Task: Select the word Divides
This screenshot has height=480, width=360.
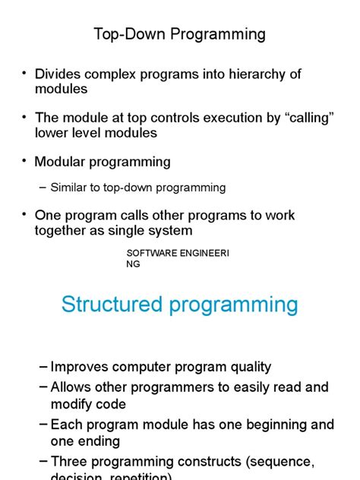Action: pos(60,74)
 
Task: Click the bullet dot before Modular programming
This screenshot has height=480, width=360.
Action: pos(25,162)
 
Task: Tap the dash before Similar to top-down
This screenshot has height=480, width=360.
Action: pos(42,188)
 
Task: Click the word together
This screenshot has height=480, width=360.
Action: pos(65,230)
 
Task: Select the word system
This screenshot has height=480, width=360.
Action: pos(171,230)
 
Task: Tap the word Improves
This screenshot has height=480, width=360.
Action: pos(82,367)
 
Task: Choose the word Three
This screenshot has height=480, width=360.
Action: pos(70,461)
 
